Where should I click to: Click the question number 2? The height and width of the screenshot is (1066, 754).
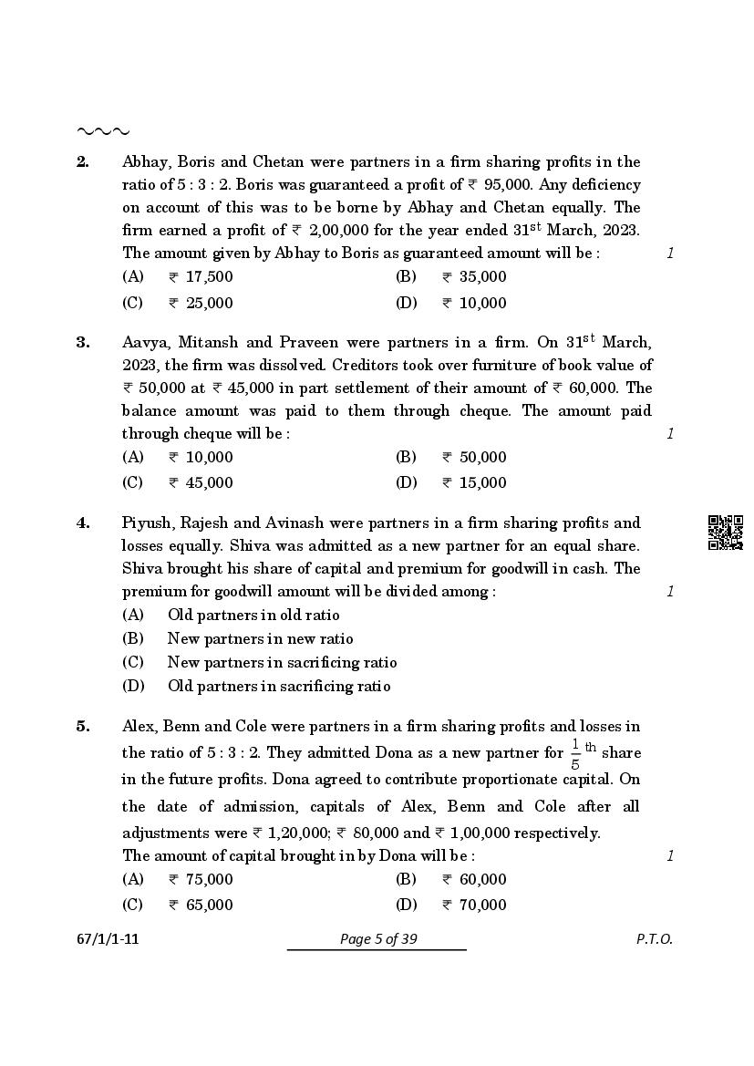click(82, 162)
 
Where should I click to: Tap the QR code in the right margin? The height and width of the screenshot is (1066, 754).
click(726, 533)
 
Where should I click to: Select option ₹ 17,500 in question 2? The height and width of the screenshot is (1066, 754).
click(200, 277)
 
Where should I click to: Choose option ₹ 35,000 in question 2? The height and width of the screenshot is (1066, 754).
click(473, 277)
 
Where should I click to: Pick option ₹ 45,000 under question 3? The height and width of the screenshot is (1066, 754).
click(200, 483)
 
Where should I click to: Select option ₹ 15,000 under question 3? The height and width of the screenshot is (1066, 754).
click(473, 483)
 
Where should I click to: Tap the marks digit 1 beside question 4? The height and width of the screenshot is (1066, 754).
click(670, 592)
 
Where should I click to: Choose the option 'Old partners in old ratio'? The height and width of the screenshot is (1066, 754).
click(253, 616)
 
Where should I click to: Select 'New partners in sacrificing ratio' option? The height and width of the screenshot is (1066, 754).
click(282, 663)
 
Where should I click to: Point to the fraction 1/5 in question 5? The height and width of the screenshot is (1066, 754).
click(575, 754)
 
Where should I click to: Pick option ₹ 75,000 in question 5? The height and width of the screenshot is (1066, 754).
click(200, 880)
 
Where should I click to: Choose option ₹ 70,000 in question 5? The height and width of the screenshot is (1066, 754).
click(473, 906)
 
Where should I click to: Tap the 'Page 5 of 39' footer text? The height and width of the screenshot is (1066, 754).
click(377, 940)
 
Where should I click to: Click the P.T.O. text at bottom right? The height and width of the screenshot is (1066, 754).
click(654, 940)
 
